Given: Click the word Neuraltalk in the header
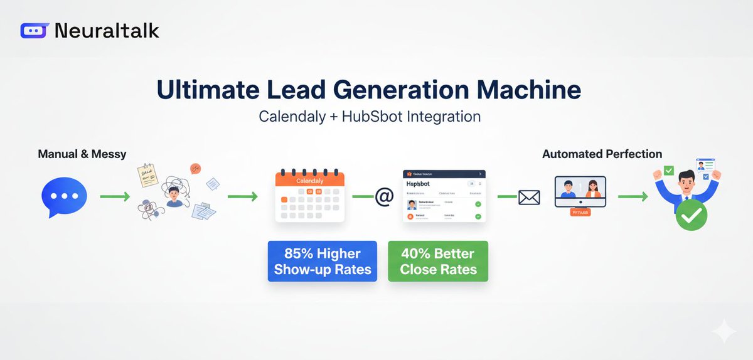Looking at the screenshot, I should tap(107, 30).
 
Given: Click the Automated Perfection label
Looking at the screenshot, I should tap(602, 154).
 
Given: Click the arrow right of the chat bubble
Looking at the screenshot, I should tap(115, 197).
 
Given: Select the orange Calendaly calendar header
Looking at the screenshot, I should tap(310, 181).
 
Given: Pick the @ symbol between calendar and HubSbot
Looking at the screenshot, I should tap(383, 197).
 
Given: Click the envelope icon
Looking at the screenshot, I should tap(529, 198).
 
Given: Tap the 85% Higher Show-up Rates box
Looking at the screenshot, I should tap(322, 262).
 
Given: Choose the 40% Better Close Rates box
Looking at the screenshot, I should tap(438, 262).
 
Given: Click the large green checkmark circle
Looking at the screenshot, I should tap(691, 216).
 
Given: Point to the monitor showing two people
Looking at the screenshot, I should tap(580, 191).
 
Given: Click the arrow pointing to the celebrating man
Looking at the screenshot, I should tap(633, 197).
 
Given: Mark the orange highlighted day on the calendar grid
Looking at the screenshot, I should tap(285, 199).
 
